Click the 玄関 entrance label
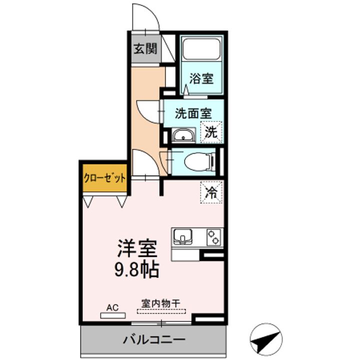point(145,48)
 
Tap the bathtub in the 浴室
point(201,49)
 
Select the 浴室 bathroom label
point(201,78)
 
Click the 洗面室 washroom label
point(193,113)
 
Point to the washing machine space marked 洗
point(211,132)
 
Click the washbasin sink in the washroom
point(183,135)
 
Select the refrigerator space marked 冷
point(211,192)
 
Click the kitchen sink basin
point(183,236)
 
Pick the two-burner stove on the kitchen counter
point(214,237)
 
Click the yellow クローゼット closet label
point(105,177)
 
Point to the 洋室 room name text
point(137,248)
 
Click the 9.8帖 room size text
point(137,269)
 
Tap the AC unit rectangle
point(113,315)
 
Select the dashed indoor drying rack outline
point(161,311)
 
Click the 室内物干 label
point(160,303)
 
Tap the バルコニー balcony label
point(154,339)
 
